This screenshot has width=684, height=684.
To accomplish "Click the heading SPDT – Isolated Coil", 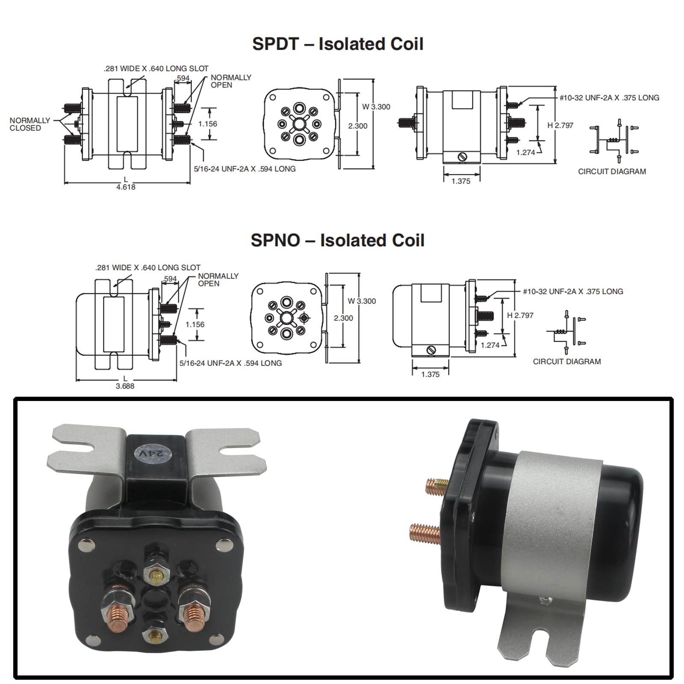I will [x=338, y=44].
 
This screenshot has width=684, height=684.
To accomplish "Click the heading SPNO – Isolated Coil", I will [x=337, y=240].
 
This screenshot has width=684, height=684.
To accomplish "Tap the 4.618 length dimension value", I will [x=126, y=187].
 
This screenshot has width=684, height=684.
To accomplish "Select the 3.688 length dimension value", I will [x=125, y=386].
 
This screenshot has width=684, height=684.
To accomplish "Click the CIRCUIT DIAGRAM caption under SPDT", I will [x=612, y=171].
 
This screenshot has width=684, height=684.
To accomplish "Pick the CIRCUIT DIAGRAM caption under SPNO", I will [x=566, y=362].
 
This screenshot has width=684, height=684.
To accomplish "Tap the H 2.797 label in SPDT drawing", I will [x=560, y=125].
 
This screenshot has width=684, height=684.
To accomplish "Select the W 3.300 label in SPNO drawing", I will [x=362, y=301].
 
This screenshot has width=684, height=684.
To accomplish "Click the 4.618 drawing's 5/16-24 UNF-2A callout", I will [x=245, y=169].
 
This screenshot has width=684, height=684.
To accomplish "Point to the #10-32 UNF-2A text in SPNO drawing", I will [x=573, y=292].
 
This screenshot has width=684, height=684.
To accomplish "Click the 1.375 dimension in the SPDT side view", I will [x=461, y=181].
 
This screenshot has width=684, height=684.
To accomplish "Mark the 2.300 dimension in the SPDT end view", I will [x=357, y=126].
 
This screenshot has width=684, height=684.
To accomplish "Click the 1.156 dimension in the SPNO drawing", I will [x=195, y=324].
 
